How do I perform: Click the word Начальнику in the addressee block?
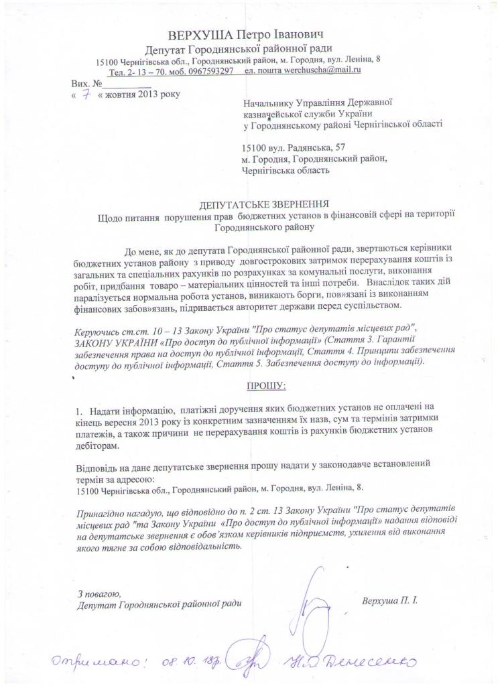(x=271, y=102)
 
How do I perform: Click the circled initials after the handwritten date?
(x=240, y=660)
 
